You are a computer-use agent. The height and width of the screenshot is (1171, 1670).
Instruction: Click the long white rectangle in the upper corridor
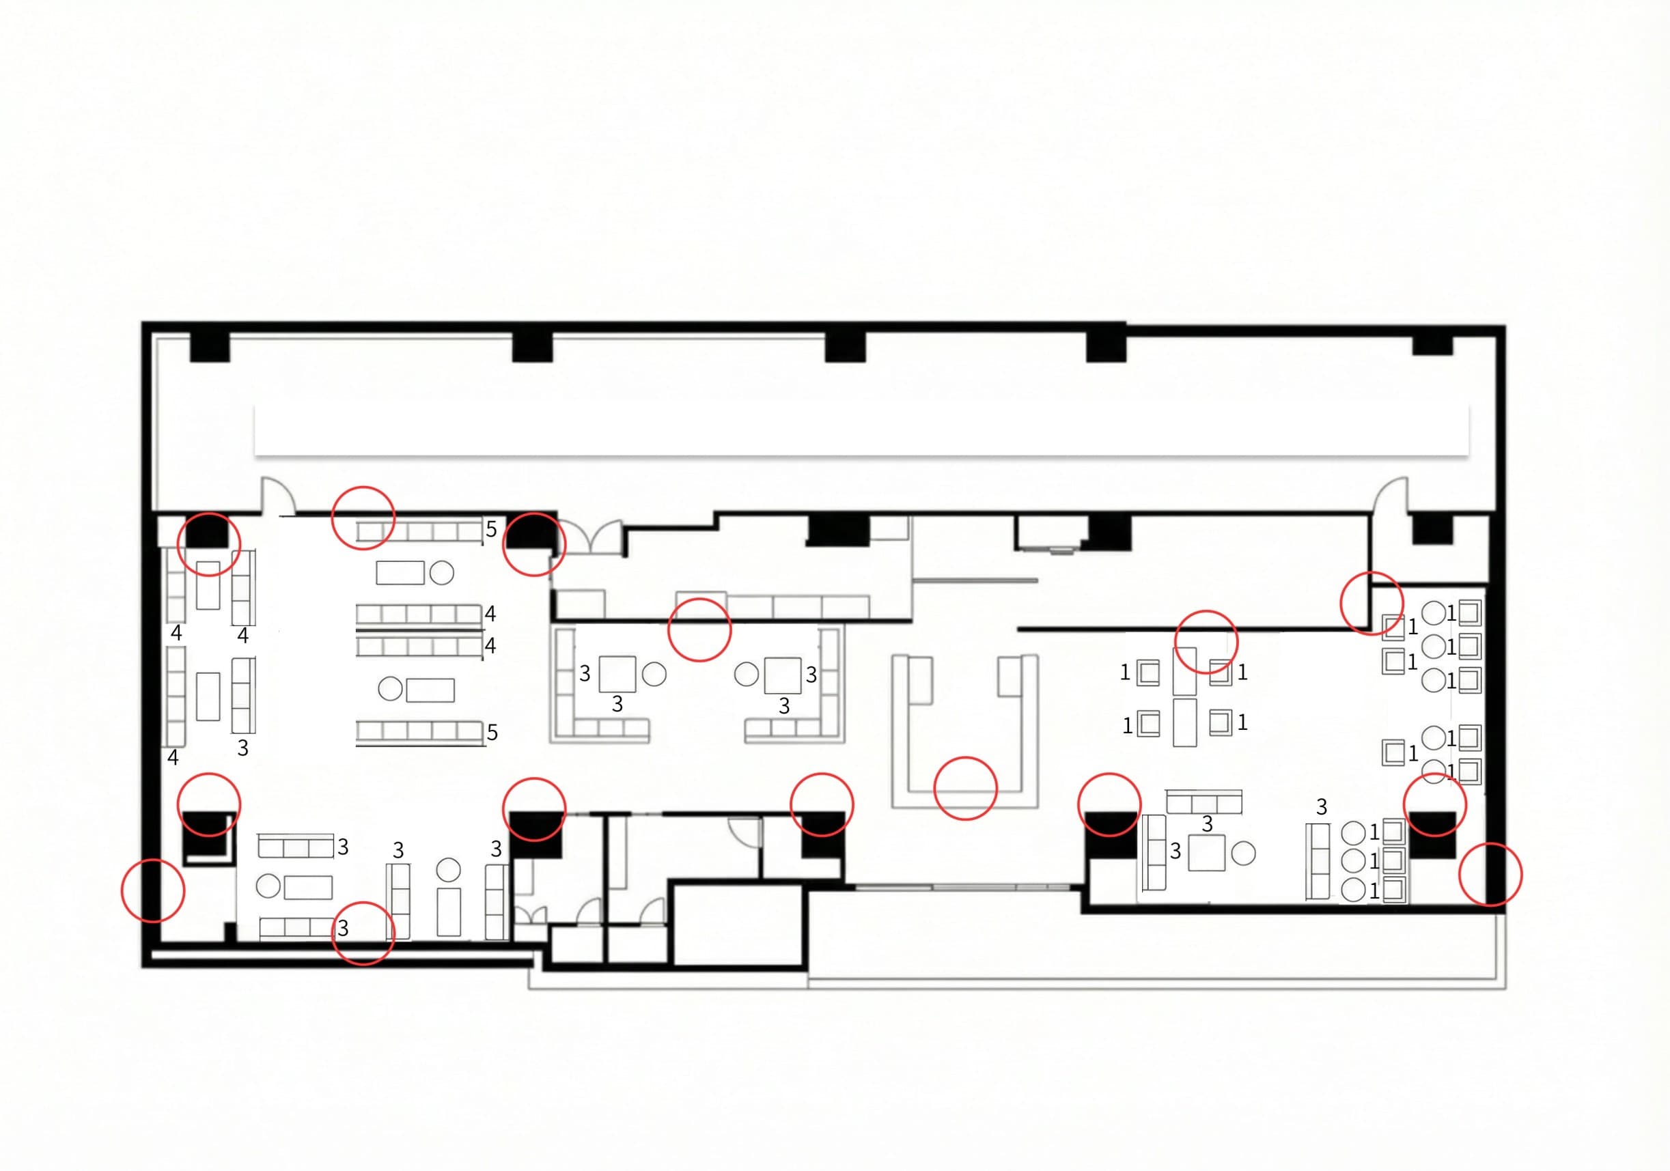[x=861, y=430]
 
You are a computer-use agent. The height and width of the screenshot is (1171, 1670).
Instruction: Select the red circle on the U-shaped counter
[x=965, y=789]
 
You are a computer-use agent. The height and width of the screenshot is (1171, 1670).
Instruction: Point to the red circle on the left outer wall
[x=153, y=890]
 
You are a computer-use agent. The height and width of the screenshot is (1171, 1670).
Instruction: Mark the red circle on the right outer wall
[x=1490, y=874]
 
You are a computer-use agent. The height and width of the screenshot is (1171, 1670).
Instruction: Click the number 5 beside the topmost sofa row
[x=491, y=529]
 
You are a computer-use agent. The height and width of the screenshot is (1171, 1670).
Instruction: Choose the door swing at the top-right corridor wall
[x=1391, y=494]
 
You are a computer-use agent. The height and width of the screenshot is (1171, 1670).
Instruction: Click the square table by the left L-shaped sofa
[x=617, y=674]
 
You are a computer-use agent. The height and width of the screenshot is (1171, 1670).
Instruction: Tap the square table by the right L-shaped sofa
[x=783, y=675]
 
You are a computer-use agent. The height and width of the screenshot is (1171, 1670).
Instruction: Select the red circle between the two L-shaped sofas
[x=699, y=630]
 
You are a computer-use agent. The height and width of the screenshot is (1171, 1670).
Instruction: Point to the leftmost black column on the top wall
[x=210, y=346]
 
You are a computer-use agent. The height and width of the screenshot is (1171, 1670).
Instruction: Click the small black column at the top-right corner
[x=1432, y=345]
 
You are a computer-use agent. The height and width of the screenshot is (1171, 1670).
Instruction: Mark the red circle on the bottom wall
[x=363, y=933]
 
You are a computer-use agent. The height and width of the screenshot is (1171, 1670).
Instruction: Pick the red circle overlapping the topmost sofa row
[x=363, y=518]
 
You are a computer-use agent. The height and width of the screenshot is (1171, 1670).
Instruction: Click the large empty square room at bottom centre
[x=738, y=925]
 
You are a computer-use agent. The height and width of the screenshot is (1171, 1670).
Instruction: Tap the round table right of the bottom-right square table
[x=1243, y=853]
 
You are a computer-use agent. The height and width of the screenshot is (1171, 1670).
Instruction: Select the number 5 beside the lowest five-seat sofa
[x=492, y=733]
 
